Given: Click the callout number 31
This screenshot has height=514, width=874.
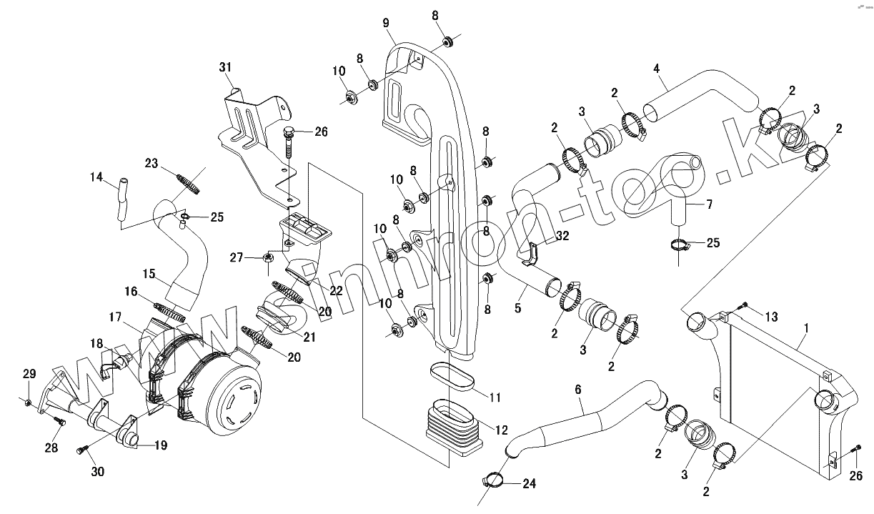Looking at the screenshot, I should (226, 67).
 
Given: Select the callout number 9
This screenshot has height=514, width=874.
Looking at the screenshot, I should (387, 24).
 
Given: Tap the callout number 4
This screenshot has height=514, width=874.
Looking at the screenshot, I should (655, 69).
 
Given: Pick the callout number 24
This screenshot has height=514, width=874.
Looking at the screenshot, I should (529, 484).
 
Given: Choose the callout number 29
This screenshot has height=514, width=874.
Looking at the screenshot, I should (29, 374).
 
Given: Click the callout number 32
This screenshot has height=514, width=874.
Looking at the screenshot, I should (562, 235).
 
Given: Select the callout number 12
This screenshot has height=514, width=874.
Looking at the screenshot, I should (502, 430).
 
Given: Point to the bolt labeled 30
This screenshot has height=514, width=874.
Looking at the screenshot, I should (82, 450).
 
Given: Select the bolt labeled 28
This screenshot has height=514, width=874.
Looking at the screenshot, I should (60, 423).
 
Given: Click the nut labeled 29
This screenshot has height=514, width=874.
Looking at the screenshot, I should (27, 405).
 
